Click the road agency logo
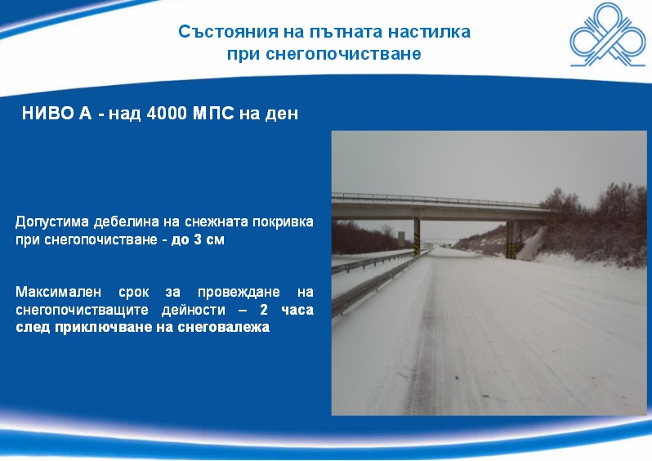608,35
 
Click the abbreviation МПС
213,113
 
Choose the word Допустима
52,222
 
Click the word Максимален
58,292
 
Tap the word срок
133,293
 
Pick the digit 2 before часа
264,310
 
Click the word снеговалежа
224,327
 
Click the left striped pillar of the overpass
417,236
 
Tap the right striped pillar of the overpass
511,240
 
